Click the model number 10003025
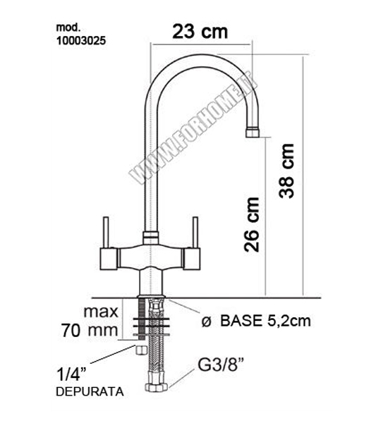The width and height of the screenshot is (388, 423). (x=80, y=41)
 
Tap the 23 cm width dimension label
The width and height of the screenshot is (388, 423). (x=199, y=31)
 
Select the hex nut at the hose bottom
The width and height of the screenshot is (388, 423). (x=154, y=387)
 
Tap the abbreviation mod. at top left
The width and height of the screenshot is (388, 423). (x=66, y=27)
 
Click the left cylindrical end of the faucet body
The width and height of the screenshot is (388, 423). (x=109, y=257)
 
